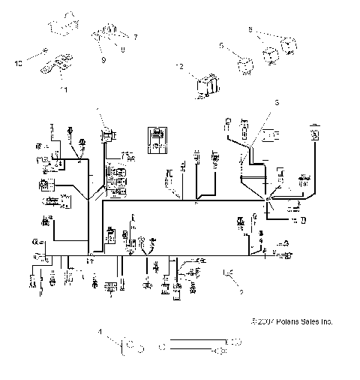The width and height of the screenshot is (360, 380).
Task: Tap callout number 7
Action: [x=136, y=36]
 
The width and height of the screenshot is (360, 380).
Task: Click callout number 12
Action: [x=178, y=68]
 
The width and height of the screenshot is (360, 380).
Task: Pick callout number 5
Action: [x=221, y=46]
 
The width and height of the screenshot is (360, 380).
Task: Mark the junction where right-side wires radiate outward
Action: [x=267, y=198]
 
